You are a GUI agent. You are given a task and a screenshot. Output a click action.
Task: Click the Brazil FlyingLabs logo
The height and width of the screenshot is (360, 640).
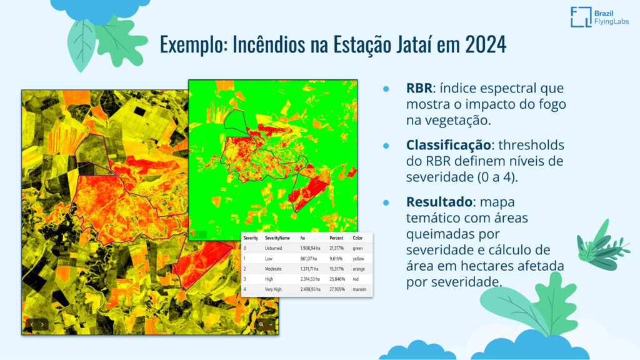(599, 17)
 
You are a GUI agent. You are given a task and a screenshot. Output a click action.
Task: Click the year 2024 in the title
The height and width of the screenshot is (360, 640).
(486, 44)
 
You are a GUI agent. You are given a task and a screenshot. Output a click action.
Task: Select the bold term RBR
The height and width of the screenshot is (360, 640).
(419, 88)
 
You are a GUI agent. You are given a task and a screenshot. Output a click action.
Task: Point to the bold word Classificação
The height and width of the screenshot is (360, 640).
(448, 145)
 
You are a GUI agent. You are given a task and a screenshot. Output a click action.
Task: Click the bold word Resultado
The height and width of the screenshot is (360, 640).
(439, 202)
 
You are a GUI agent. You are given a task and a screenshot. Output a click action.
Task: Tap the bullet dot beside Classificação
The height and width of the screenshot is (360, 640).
(386, 146)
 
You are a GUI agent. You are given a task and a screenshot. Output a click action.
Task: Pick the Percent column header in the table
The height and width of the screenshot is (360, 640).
(336, 238)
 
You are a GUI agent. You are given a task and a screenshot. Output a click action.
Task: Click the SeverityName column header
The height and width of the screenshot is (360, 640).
(277, 238)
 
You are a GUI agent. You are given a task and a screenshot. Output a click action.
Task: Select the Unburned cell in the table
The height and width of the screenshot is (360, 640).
(273, 248)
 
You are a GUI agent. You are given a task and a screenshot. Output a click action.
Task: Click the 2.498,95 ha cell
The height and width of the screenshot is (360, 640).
(310, 289)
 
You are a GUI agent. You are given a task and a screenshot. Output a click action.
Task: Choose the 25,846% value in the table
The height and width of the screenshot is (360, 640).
(337, 279)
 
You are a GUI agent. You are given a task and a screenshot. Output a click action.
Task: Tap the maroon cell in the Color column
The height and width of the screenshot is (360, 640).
(359, 289)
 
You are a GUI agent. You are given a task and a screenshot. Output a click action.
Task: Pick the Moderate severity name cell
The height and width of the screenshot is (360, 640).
(273, 269)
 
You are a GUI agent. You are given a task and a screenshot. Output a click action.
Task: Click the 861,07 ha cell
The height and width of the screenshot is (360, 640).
(309, 259)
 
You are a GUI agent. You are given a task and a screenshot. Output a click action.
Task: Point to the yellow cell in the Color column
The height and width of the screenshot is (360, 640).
(358, 259)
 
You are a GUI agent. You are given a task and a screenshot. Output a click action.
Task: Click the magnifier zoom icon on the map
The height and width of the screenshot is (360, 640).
(261, 325)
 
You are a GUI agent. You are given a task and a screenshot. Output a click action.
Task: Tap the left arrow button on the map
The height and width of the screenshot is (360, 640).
(32, 325)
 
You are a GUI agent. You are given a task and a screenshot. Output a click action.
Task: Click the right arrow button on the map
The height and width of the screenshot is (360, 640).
(42, 325)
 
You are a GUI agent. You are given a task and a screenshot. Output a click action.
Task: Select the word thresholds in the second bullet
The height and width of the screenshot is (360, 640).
(531, 145)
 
